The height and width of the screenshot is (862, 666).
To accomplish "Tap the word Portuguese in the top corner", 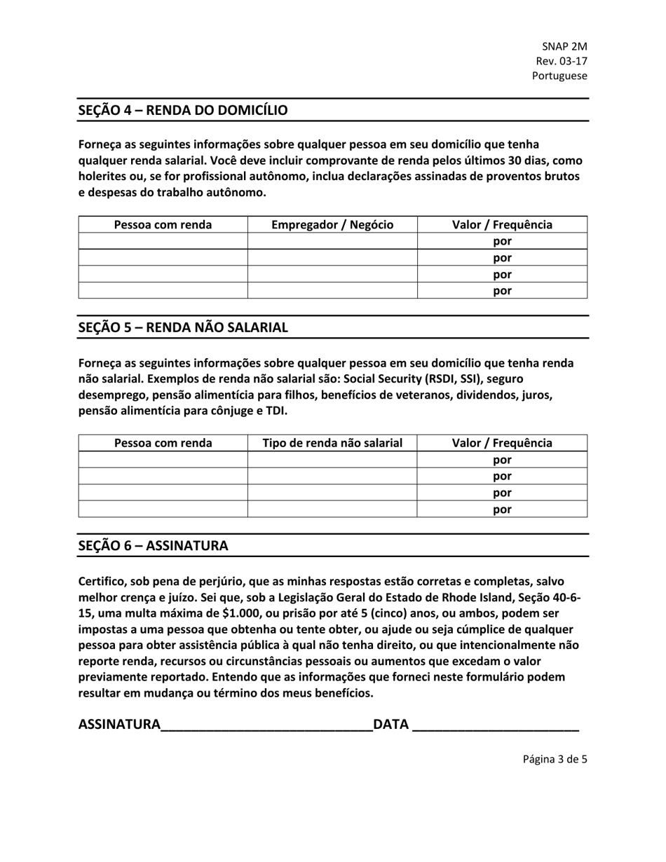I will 559,76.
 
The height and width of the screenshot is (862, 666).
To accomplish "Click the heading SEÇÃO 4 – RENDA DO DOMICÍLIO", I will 182,110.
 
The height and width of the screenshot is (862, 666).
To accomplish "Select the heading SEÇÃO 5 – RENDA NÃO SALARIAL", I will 182,327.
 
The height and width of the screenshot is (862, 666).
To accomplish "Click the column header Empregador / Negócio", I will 332,225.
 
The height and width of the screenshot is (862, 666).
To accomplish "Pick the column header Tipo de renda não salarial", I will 332,443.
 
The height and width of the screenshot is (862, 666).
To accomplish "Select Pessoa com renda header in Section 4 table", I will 163,225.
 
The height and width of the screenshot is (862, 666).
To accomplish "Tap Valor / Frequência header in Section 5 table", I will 502,443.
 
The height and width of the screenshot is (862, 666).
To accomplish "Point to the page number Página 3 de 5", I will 555,758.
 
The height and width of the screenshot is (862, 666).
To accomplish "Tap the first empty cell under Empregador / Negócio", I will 332,242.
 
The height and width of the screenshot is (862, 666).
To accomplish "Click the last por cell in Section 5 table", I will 502,509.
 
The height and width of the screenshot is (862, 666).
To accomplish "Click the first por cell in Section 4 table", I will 502,242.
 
